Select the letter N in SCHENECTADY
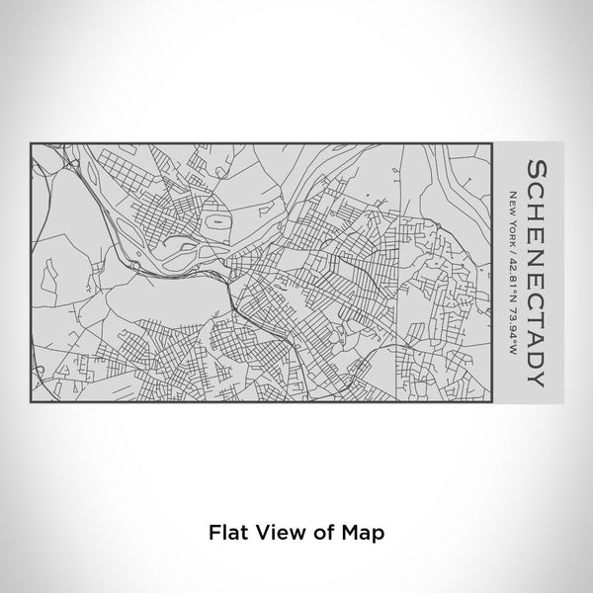[x=535, y=247]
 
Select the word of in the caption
[x=317, y=530]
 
